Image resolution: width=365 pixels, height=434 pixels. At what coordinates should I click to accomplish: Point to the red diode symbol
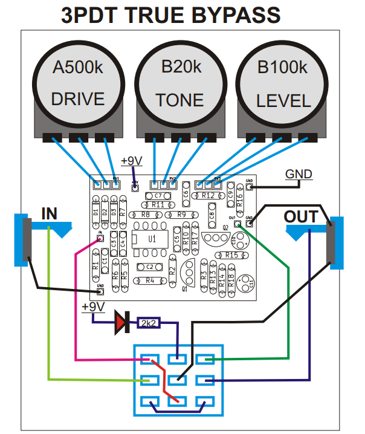click(123, 323)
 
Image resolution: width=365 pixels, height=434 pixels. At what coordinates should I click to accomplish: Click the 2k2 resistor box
click(149, 323)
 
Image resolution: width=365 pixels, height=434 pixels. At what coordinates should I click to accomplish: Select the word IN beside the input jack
click(50, 213)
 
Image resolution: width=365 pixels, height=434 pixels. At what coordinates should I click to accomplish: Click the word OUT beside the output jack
click(300, 216)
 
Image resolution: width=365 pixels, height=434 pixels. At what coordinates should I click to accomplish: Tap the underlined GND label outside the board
click(299, 175)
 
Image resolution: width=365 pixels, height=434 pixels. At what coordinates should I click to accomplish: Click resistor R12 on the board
click(208, 196)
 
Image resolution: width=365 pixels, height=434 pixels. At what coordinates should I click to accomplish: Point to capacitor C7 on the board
click(157, 196)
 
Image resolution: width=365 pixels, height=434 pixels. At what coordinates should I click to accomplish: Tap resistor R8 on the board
click(146, 215)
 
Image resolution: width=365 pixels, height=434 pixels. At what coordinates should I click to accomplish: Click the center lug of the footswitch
click(178, 380)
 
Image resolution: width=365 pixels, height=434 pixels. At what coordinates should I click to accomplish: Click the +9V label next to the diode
click(93, 307)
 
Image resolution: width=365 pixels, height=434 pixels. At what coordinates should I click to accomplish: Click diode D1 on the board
click(95, 212)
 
